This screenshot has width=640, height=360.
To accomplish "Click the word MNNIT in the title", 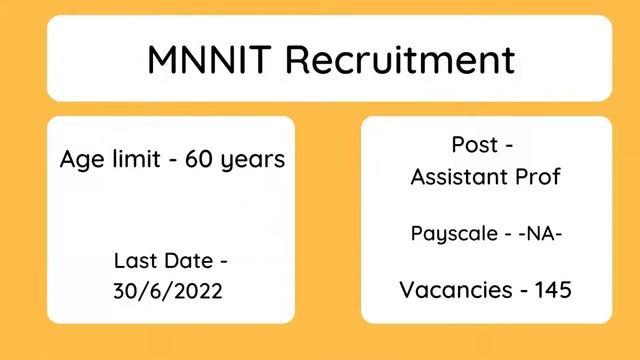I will pos(210,59).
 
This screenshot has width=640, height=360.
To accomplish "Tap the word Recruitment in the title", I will pos(400,59).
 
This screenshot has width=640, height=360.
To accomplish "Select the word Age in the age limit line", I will pos(80,160).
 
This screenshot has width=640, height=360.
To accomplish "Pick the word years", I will pos(254,160).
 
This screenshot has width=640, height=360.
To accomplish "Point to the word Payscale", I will pos(451,234).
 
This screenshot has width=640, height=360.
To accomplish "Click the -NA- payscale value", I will pos(537,233).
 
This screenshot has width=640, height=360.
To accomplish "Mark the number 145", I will pos(553,290).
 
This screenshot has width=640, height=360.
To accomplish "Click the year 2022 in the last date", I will pos(199,293).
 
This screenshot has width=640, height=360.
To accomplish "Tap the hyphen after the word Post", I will pos(510,146).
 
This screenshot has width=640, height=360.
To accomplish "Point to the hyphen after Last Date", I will pos(223,262).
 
